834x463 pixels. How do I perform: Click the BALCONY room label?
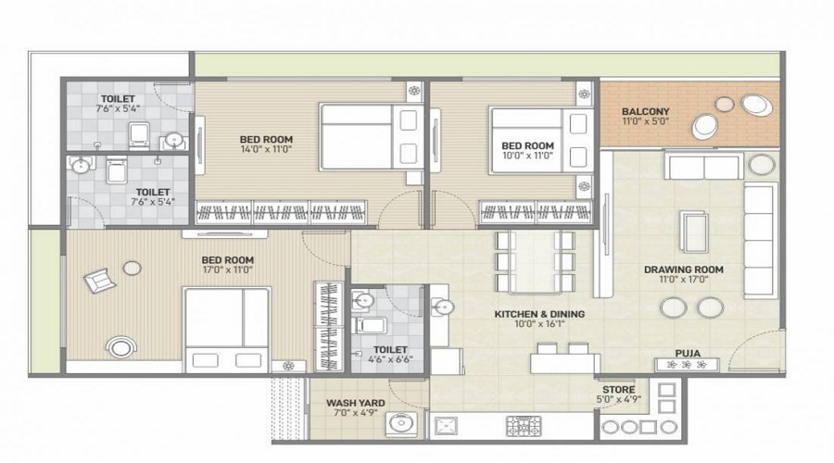645,112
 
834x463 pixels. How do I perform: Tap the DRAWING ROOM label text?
684,269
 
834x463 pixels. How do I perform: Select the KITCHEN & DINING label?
539,314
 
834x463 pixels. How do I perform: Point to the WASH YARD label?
355,403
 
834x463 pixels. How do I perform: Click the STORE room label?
619,390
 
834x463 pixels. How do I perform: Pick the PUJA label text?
688,354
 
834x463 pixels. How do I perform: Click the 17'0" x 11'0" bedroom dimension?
227,269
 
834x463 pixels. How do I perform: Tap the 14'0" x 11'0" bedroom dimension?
266,149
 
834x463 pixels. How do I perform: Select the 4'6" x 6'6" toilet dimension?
390,359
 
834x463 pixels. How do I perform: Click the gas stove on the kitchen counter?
523,426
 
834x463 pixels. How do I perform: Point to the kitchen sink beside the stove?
445,426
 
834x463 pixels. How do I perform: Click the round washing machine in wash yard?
401,424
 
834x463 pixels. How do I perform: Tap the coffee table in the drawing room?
693,231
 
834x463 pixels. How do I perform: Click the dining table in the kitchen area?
535,261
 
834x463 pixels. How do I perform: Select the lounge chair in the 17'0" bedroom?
99,281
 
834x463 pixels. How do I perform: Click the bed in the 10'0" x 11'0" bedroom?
541,141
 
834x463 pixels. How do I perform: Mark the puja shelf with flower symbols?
687,365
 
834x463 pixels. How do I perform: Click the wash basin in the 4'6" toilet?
362,300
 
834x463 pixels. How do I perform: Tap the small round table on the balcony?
725,105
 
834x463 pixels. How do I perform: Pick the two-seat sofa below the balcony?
703,167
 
